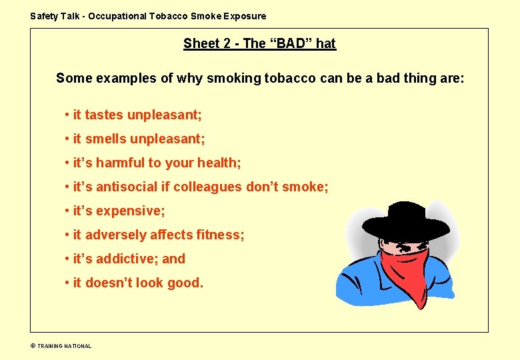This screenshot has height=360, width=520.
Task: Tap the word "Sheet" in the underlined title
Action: click(x=202, y=44)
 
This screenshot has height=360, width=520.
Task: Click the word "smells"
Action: click(x=105, y=139)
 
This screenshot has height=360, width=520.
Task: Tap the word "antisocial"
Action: click(x=127, y=187)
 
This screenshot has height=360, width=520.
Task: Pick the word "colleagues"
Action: click(x=208, y=187)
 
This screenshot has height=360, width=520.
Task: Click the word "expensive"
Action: click(x=130, y=211)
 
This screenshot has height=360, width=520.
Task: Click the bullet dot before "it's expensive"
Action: click(x=67, y=211)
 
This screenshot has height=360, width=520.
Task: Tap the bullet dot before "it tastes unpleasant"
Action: click(x=67, y=115)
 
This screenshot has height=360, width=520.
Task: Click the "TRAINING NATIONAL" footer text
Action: click(x=64, y=346)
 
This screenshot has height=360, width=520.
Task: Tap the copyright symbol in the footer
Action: click(x=33, y=346)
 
